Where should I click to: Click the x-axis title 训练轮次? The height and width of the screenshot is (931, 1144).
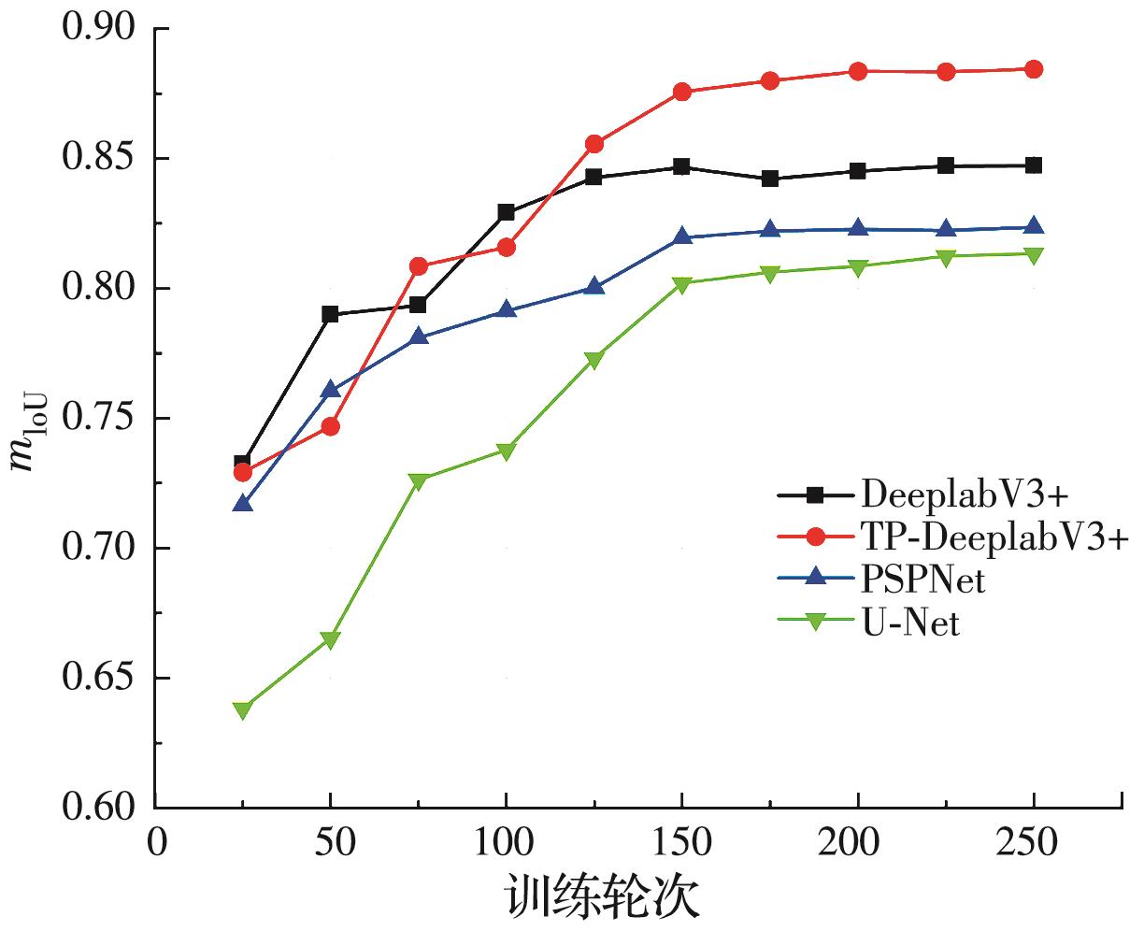604,898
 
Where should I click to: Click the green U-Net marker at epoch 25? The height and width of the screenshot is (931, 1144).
243,710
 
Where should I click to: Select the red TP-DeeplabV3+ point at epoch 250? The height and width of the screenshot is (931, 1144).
1033,69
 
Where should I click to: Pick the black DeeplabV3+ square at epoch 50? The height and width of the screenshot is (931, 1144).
330,314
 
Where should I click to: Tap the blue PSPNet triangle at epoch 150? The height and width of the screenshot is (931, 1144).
681,236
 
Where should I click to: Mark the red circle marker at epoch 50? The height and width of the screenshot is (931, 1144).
330,427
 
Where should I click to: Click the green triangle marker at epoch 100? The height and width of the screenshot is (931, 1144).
506,451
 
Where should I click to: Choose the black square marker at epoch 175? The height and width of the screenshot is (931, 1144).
770,179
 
